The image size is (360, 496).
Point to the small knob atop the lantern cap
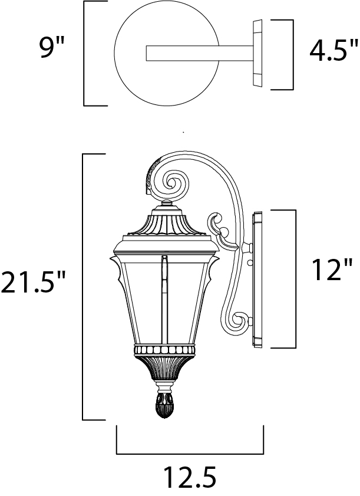click(x=167, y=205)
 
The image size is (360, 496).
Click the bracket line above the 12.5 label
click(x=190, y=454)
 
